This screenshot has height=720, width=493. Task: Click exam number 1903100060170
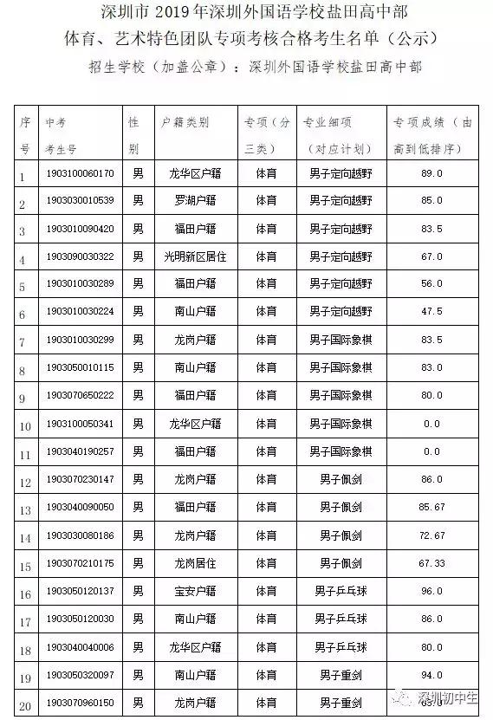pyautogui.click(x=80, y=173)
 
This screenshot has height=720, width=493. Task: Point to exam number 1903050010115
pyautogui.click(x=80, y=367)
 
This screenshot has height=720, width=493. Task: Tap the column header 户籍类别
pyautogui.click(x=185, y=123)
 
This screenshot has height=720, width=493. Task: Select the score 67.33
pyautogui.click(x=431, y=563)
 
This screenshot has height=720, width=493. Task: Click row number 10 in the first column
pyautogui.click(x=26, y=425)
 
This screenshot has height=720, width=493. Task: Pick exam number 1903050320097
pyautogui.click(x=80, y=675)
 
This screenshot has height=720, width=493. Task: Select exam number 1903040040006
pyautogui.click(x=80, y=647)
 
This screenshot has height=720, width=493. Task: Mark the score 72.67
pyautogui.click(x=431, y=535)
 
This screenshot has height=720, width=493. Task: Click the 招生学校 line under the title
pyautogui.click(x=246, y=67)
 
